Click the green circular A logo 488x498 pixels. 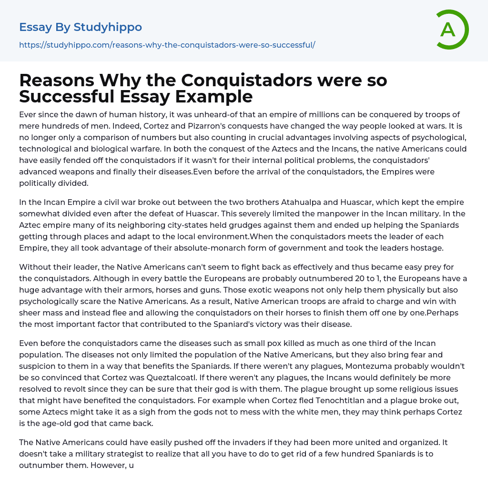pos(452,30)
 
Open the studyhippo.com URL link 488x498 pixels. pos(167,45)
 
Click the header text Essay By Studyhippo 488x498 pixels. pos(81,27)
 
